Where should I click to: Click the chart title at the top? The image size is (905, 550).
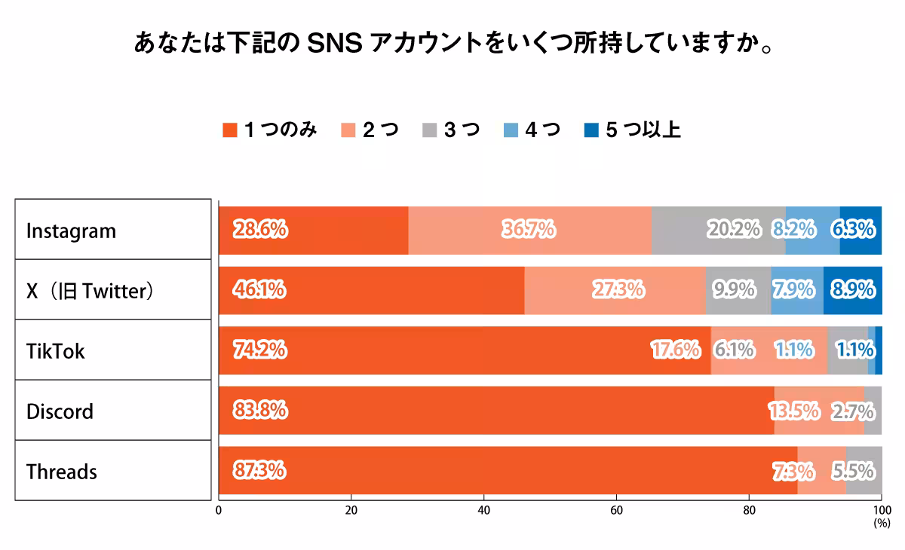click(452, 43)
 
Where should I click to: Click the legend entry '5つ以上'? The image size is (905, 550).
click(633, 130)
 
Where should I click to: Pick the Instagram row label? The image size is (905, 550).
click(72, 231)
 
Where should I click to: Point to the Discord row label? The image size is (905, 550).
click(60, 411)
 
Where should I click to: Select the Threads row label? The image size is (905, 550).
click(62, 472)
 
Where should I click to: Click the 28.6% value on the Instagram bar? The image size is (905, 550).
click(259, 229)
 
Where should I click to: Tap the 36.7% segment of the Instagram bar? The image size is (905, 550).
click(529, 229)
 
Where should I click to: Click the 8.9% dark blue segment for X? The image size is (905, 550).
click(852, 289)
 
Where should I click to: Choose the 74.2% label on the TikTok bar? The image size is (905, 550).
click(259, 350)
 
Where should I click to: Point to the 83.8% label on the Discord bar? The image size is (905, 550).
click(259, 410)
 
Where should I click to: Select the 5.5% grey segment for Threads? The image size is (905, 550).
click(864, 471)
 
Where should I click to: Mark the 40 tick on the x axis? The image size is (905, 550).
click(483, 510)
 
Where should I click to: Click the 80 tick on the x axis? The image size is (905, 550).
click(749, 510)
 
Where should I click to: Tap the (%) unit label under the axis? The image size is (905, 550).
click(881, 522)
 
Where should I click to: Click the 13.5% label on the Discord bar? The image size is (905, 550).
click(794, 411)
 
